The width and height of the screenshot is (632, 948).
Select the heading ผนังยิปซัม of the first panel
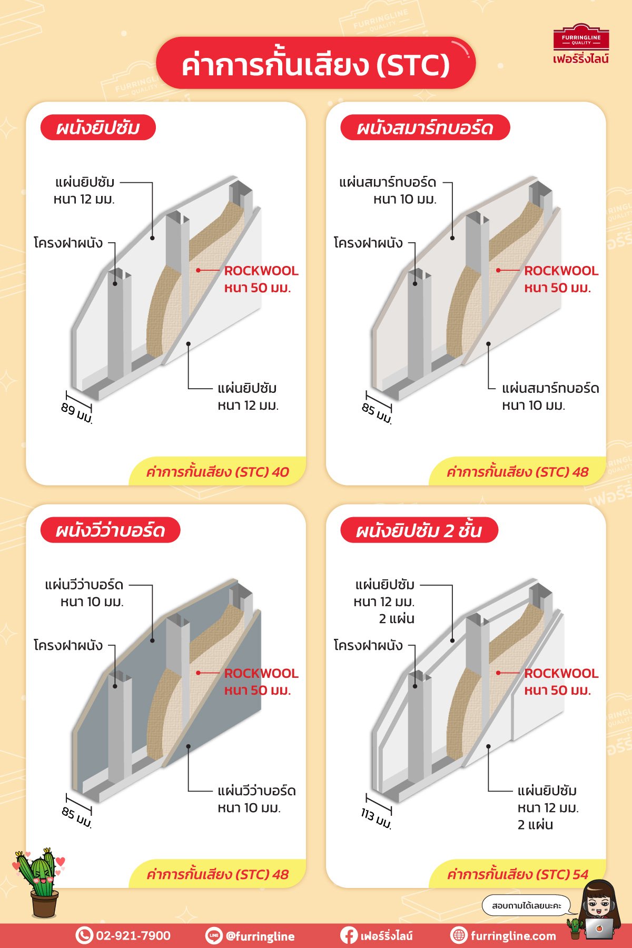pyautogui.click(x=98, y=127)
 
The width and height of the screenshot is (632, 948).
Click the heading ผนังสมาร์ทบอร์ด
pyautogui.click(x=425, y=127)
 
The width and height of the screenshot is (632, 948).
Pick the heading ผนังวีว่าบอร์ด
pyautogui.click(x=111, y=530)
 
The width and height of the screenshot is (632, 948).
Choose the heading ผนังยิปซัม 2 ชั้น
pyautogui.click(x=419, y=530)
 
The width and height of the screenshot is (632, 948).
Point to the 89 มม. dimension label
pyautogui.click(x=77, y=413)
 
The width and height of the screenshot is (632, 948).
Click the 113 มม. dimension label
pyautogui.click(x=376, y=818)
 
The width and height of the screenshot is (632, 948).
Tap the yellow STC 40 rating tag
pyautogui.click(x=218, y=471)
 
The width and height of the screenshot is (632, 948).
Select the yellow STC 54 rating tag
pyautogui.click(x=518, y=874)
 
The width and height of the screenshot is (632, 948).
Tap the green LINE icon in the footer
pyautogui.click(x=213, y=935)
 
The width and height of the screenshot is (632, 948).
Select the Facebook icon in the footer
pyautogui.click(x=348, y=935)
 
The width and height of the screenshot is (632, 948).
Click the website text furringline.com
pyautogui.click(x=513, y=936)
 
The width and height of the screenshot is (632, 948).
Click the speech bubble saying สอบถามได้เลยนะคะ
pyautogui.click(x=526, y=906)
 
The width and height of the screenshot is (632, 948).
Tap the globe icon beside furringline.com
pyautogui.click(x=459, y=935)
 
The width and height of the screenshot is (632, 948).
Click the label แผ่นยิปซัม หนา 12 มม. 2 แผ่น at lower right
pyautogui.click(x=548, y=807)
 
